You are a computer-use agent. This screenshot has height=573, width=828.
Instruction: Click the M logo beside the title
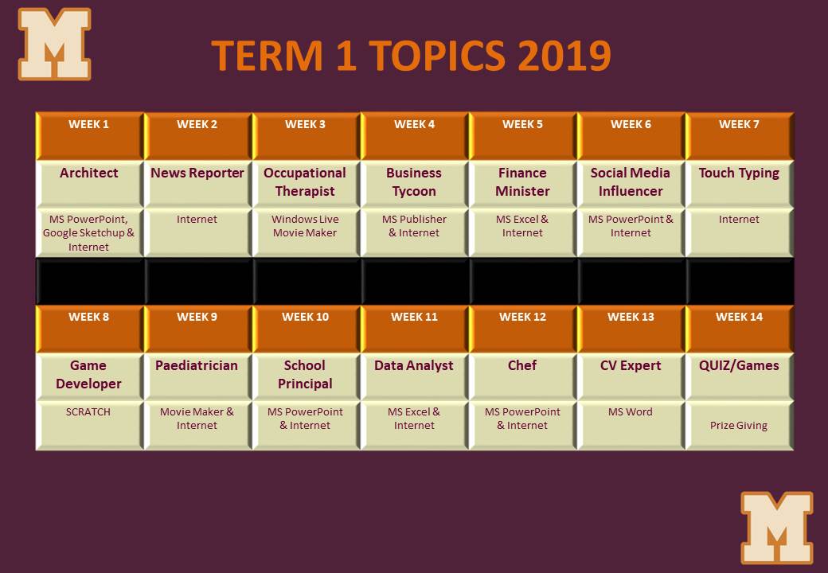point(54,45)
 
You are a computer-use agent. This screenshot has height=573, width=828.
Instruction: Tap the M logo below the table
point(777,528)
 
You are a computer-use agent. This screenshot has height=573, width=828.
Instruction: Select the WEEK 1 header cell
point(89,136)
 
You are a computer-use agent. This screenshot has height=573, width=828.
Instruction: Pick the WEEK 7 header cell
point(740,136)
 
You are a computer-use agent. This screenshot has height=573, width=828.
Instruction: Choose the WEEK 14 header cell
point(740,329)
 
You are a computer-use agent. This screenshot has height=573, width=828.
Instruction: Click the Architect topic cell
point(89,184)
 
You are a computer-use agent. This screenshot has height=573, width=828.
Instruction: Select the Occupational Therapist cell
point(306,184)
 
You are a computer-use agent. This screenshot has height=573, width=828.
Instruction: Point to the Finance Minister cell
point(523,184)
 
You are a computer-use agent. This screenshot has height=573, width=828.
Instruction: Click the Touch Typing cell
point(740,184)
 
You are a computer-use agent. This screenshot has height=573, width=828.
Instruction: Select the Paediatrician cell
point(197,376)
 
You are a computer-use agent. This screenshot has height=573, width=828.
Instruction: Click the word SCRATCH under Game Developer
point(88,412)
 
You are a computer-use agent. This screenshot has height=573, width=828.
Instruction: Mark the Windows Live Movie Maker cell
point(306,232)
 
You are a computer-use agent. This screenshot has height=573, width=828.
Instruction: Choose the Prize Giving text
point(739,426)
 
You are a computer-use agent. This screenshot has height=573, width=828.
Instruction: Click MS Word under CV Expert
point(631,412)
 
